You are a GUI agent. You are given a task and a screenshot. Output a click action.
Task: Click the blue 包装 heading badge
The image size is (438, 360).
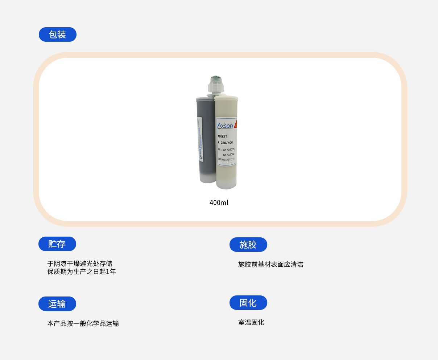point(58,34)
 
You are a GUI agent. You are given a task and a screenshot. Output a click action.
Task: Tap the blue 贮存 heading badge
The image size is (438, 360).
point(57,244)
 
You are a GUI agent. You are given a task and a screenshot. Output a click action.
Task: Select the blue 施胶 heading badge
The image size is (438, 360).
point(248,245)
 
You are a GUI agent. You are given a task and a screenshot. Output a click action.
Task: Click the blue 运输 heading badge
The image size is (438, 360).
point(57,304)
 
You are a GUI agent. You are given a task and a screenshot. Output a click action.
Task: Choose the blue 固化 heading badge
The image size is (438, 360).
point(248,303)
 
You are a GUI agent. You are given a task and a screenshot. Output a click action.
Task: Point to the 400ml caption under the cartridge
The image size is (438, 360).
point(219,202)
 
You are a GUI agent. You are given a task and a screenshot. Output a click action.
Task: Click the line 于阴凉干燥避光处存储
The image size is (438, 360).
point(80,263)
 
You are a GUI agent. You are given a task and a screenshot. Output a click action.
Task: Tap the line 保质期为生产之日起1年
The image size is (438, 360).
point(82,271)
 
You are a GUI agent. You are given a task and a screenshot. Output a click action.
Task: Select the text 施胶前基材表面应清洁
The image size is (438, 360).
point(270,264)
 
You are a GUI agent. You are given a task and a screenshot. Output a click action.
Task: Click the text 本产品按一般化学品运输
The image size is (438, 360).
point(83,323)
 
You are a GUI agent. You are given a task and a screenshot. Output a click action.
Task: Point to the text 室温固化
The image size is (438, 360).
point(251,322)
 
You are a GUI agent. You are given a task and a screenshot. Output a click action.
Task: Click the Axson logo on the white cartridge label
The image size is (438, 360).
point(225,126)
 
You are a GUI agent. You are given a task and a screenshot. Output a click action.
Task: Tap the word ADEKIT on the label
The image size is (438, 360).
point(222,136)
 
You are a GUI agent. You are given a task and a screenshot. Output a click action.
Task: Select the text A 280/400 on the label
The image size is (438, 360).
point(225,143)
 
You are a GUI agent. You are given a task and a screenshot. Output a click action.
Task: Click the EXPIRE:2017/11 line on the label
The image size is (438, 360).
point(226,159)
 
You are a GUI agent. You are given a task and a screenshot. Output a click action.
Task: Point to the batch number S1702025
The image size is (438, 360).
point(229,149)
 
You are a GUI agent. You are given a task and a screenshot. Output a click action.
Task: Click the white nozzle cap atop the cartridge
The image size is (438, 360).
point(216,84)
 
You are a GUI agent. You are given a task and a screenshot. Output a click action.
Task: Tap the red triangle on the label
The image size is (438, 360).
point(235,124)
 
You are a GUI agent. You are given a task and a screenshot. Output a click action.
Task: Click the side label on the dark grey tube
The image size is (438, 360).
point(200,140)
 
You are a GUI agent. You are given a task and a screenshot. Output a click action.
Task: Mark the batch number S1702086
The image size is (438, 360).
point(229,154)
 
